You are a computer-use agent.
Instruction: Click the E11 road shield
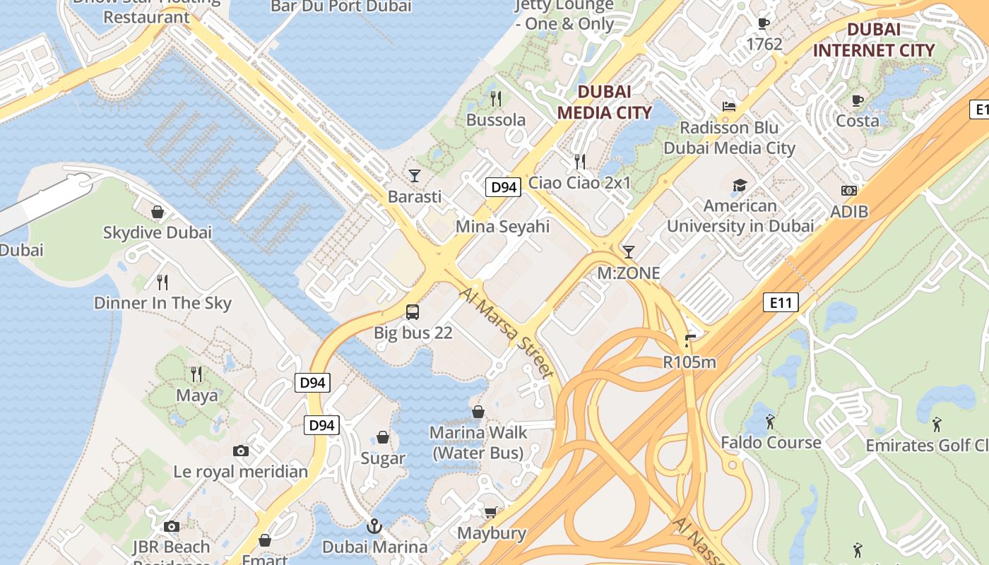point(781,303)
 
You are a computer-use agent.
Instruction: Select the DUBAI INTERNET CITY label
point(874,40)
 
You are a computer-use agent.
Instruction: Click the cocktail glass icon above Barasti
point(415,175)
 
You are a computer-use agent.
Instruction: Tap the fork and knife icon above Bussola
point(496,98)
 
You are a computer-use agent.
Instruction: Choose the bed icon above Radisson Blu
point(729,107)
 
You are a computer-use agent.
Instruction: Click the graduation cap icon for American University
point(740,185)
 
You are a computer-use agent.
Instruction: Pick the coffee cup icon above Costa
point(858,100)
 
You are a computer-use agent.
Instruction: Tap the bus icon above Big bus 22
point(413,311)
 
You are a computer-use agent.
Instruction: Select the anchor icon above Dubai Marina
point(374,526)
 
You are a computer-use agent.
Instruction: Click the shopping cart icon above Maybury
point(491,512)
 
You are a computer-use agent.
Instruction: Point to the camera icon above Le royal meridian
point(241,451)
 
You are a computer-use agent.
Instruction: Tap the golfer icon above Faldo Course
point(770,422)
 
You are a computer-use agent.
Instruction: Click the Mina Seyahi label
point(502,227)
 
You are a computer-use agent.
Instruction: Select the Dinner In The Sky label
point(162,303)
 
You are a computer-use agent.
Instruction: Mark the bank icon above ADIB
point(849,191)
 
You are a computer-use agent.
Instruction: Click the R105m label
point(689,362)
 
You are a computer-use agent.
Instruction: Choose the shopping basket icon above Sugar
point(383,438)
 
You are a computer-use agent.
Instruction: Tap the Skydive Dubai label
point(158,232)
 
